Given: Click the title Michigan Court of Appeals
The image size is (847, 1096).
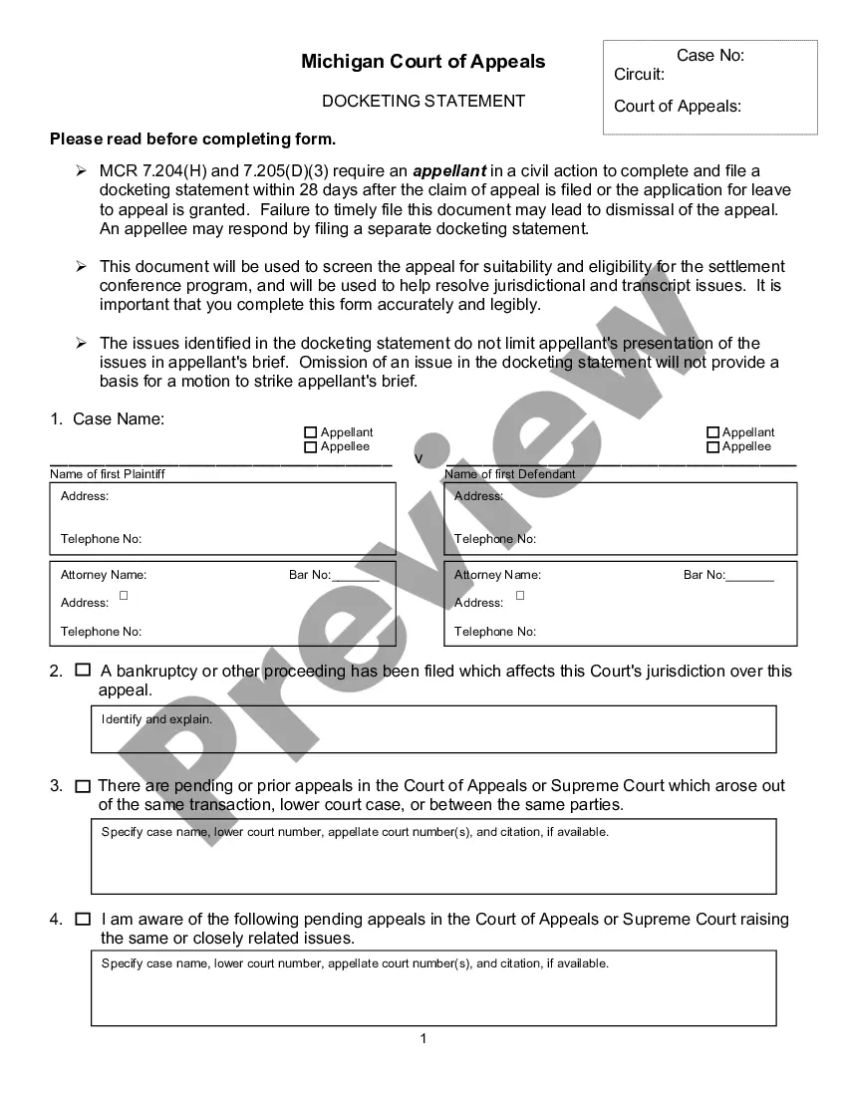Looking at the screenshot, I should click(x=423, y=62).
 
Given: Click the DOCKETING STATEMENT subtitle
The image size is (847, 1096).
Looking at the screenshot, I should click(x=423, y=101).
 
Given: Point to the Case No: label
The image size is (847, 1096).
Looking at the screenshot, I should click(x=709, y=56).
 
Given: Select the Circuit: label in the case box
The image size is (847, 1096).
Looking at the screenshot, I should click(x=639, y=75).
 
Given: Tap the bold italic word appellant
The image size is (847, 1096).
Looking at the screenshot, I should click(x=448, y=171).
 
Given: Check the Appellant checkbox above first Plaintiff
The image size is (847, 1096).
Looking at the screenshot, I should click(x=310, y=432).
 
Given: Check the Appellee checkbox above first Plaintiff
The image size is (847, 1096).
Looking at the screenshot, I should click(x=310, y=447).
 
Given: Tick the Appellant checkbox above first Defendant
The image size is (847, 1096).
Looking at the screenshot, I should click(x=712, y=432).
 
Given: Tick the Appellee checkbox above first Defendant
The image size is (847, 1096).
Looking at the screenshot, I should click(x=712, y=447).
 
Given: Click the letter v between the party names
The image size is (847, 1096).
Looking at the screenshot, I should click(x=419, y=459).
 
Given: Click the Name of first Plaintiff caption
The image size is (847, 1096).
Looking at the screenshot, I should click(x=108, y=474).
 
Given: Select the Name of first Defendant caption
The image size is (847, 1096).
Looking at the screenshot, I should click(x=510, y=474).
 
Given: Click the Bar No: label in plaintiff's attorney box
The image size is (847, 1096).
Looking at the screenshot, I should click(x=309, y=575).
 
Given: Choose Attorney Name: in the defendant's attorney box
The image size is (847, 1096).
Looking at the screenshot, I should click(x=497, y=575).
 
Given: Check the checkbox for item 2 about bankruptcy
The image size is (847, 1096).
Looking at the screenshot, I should click(x=83, y=671).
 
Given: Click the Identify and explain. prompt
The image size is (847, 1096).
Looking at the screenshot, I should click(x=156, y=719).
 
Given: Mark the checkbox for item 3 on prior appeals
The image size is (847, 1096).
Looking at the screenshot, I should click(x=83, y=786).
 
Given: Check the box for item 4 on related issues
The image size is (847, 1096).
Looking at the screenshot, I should click(x=83, y=919).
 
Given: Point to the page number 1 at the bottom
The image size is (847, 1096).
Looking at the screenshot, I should click(x=423, y=1039).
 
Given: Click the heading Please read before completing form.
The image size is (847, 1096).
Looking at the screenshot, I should click(x=192, y=139).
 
